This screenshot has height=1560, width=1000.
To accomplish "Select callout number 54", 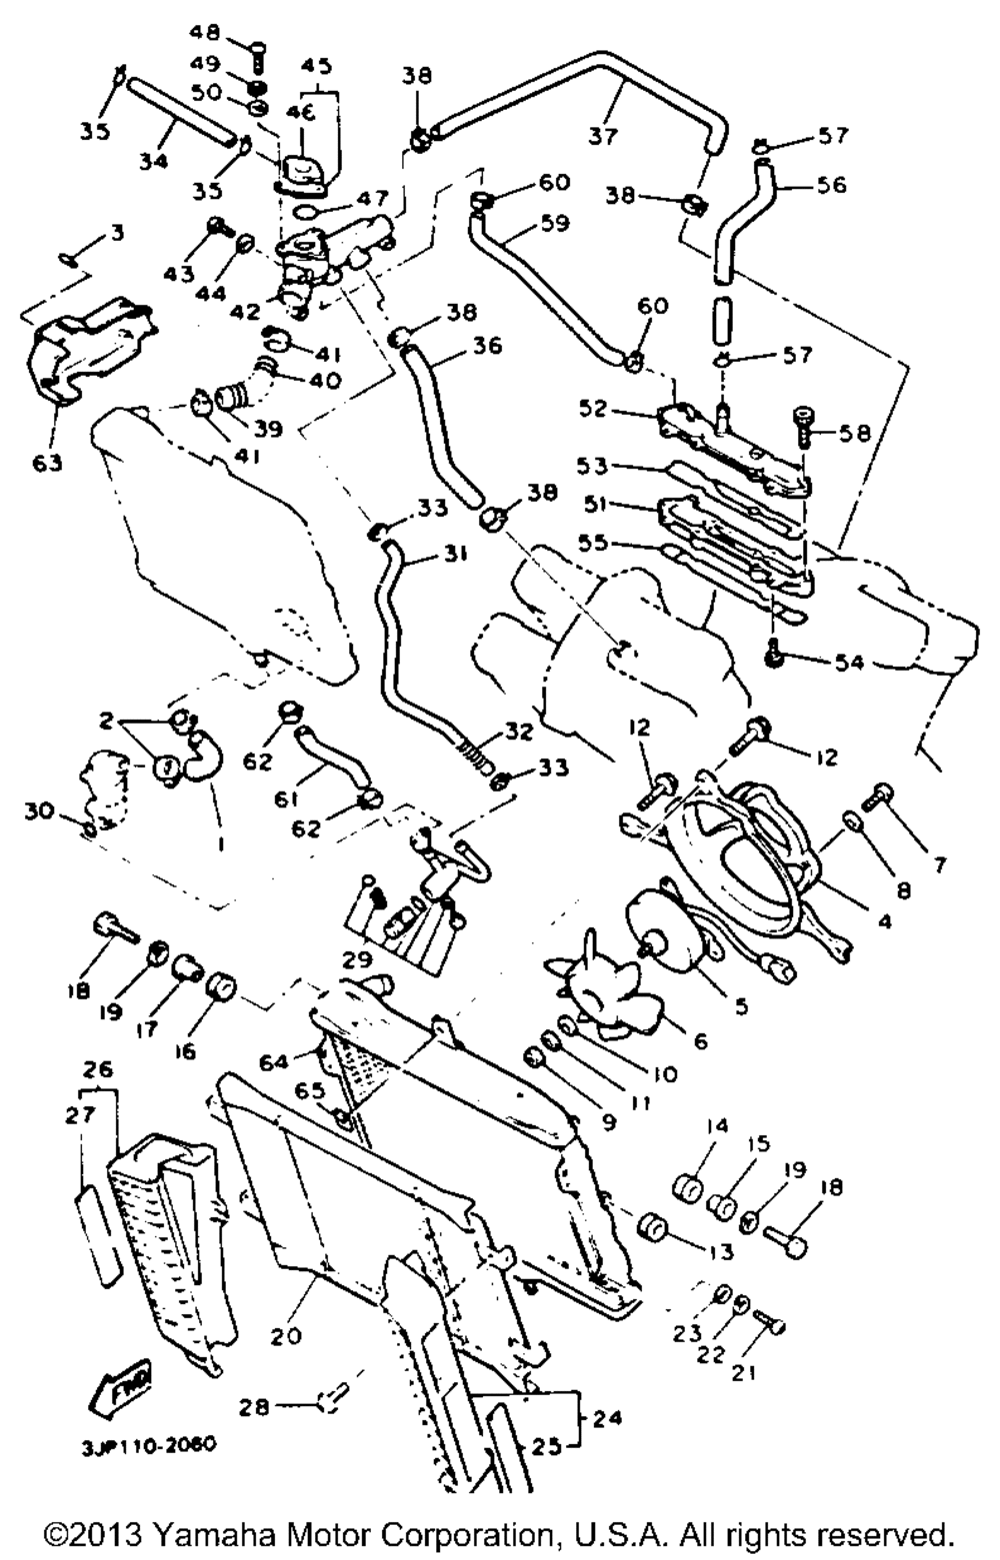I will click(849, 663).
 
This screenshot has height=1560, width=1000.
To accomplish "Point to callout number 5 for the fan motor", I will click(740, 1006).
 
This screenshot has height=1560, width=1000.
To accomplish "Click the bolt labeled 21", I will click(771, 1322).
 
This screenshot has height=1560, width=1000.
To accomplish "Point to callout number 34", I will click(153, 159).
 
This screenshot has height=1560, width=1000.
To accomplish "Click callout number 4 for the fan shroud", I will click(884, 920).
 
